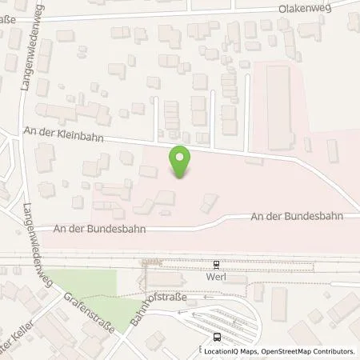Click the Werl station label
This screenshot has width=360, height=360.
click(x=217, y=276)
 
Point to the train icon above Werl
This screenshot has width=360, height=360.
click(x=216, y=265)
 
